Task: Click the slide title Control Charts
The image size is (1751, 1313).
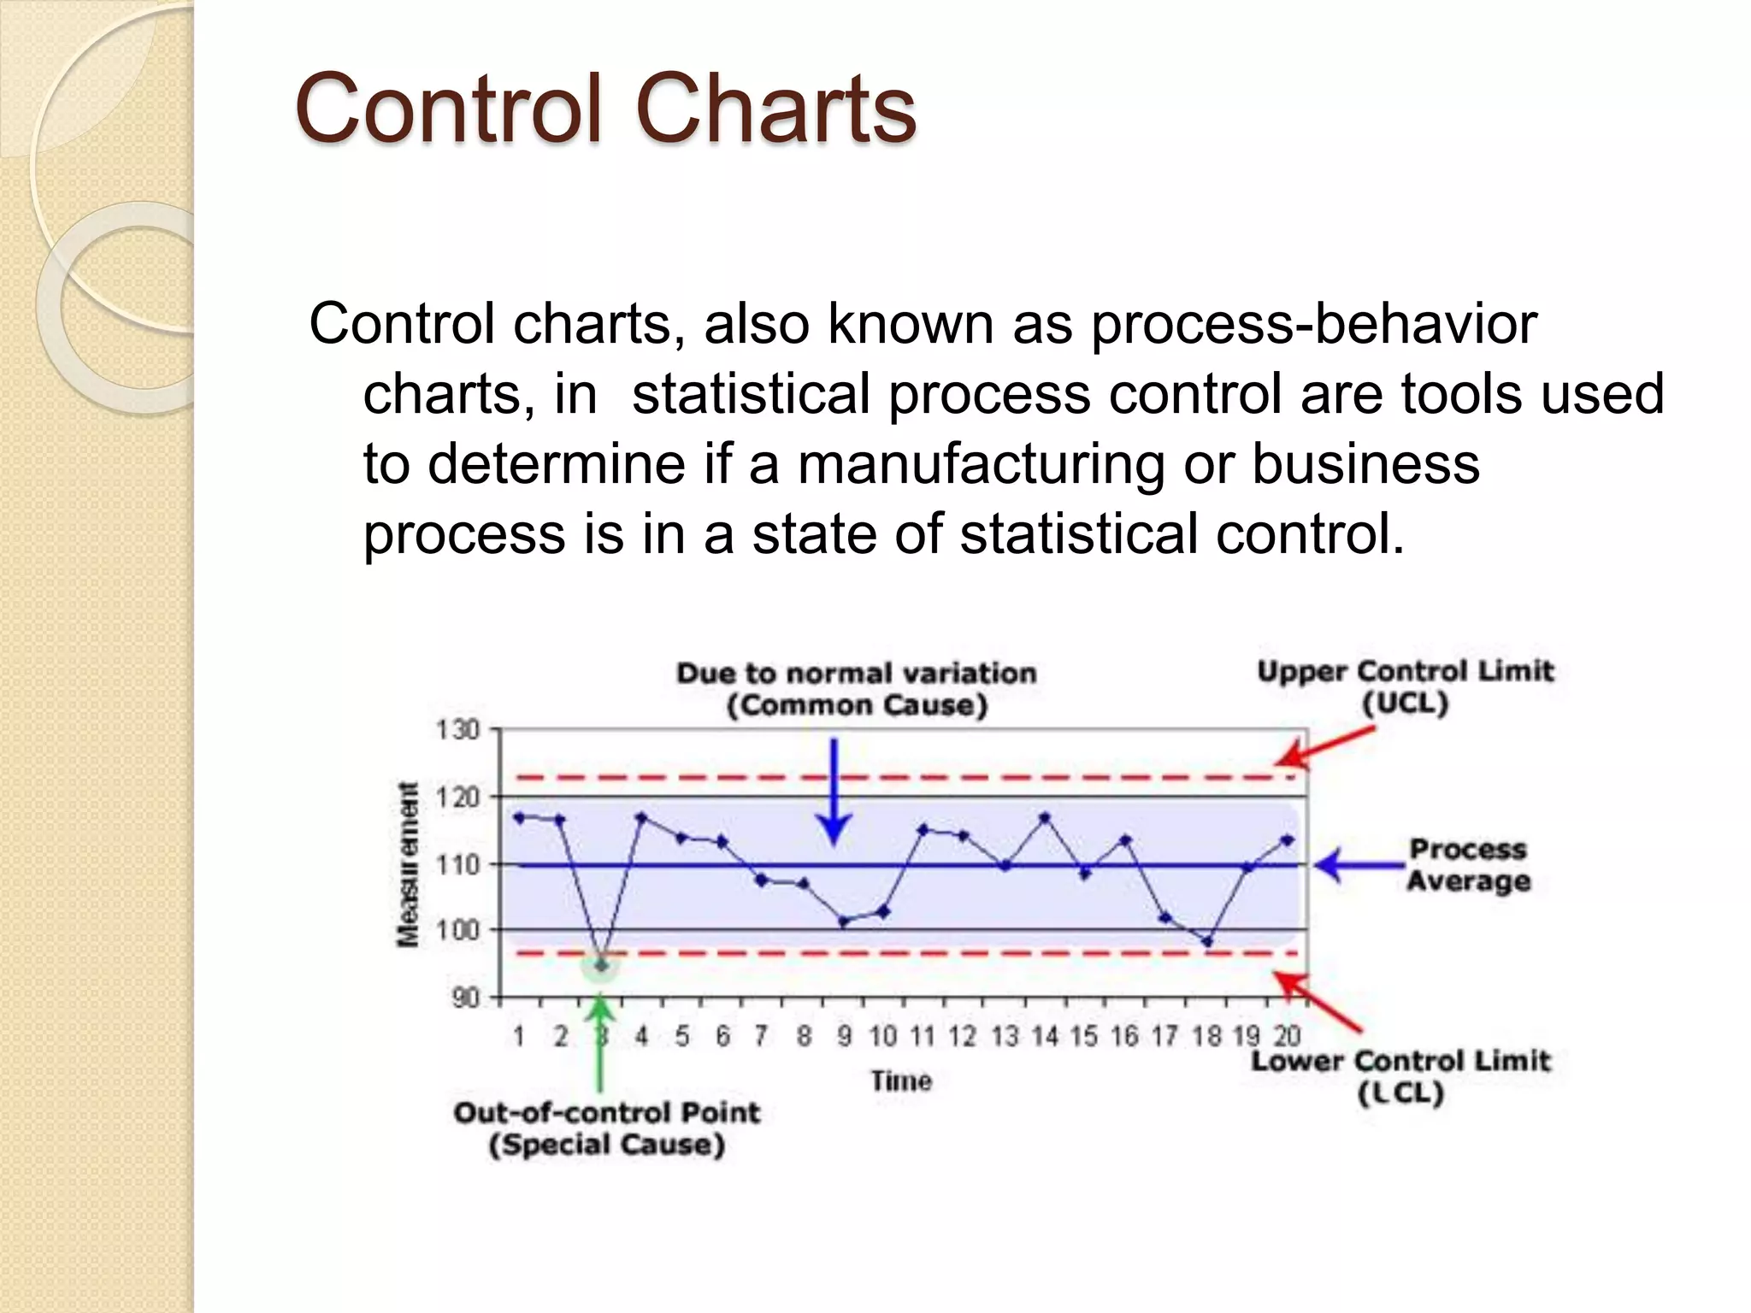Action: tap(605, 109)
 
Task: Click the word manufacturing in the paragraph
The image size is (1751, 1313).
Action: tap(981, 464)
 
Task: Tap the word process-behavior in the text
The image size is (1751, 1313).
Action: tap(1313, 324)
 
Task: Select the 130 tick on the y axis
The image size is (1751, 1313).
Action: tap(457, 731)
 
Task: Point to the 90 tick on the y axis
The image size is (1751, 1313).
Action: tap(464, 998)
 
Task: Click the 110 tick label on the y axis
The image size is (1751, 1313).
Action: tap(457, 865)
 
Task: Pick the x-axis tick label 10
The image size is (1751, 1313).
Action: tap(882, 1037)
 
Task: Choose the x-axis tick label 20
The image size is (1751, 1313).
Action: tap(1287, 1037)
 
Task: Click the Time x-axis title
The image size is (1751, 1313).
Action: tap(901, 1081)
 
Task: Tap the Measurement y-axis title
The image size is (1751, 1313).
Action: tap(409, 864)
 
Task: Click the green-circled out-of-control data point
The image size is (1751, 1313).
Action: tap(601, 965)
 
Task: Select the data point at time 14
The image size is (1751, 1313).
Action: tap(1044, 818)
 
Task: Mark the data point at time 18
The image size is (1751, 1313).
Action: tap(1206, 942)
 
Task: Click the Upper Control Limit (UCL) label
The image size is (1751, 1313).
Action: tap(1405, 687)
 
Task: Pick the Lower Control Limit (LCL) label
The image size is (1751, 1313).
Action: tap(1400, 1077)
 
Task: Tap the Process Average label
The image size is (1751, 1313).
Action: tap(1468, 865)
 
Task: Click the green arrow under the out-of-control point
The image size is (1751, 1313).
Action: tap(601, 1043)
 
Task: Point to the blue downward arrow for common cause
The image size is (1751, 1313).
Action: tap(834, 792)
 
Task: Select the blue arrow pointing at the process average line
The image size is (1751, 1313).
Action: tap(1359, 866)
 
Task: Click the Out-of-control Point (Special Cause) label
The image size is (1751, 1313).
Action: tap(606, 1128)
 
